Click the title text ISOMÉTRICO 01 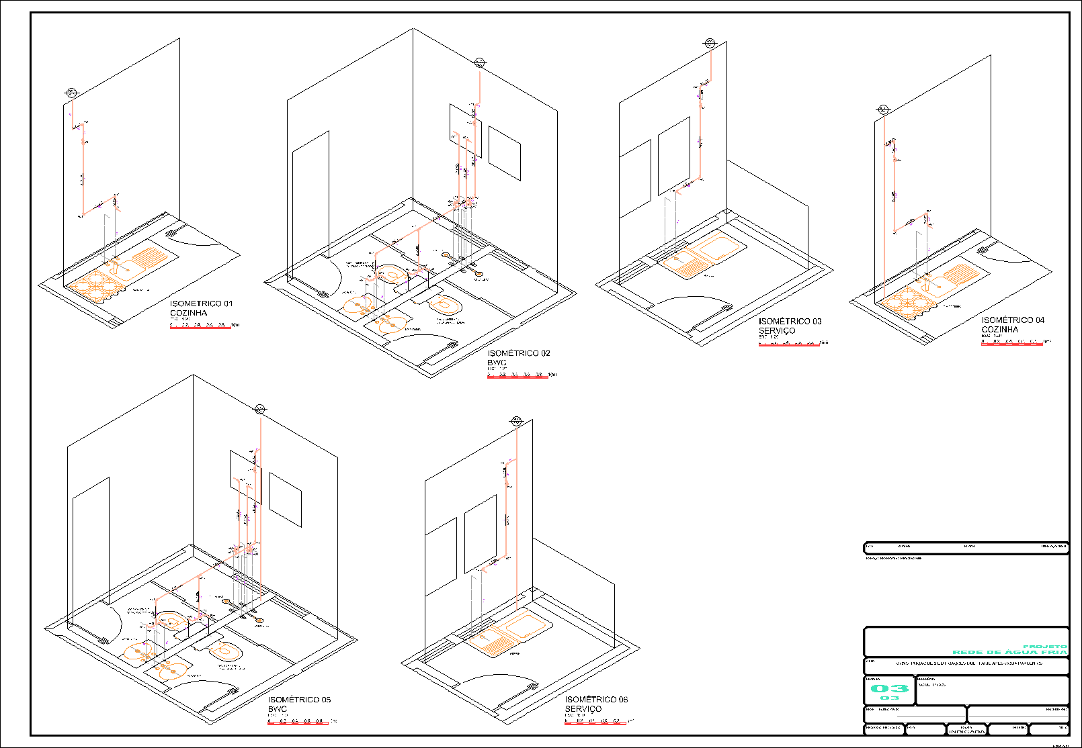(201, 303)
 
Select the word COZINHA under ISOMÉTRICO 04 (999, 330)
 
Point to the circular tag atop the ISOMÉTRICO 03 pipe (710, 43)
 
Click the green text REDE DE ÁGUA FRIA (1009, 652)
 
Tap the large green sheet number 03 (889, 688)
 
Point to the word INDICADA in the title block (967, 731)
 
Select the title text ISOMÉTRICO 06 (596, 700)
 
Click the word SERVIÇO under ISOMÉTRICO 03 (777, 331)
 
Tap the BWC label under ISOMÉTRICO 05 (277, 709)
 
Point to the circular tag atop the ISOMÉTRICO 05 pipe (260, 409)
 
